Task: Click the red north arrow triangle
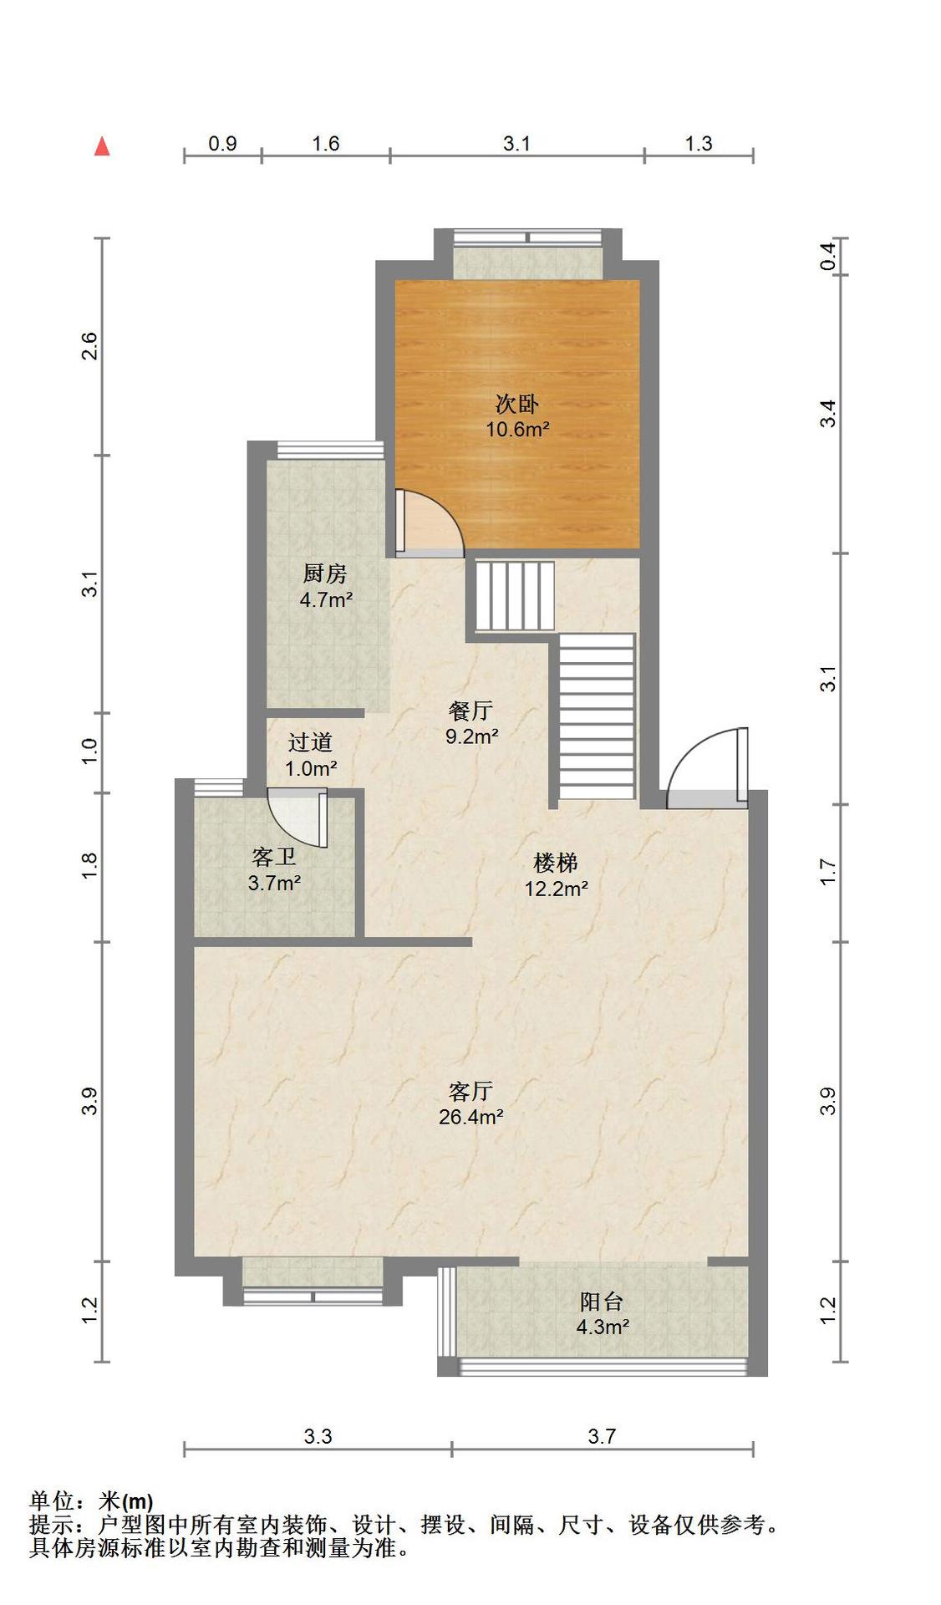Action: (102, 146)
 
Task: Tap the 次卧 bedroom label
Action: (517, 405)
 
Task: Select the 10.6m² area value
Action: (517, 430)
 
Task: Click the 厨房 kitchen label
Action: (325, 573)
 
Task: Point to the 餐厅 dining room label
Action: (470, 711)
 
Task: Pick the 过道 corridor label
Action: (310, 742)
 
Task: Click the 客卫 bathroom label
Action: (274, 857)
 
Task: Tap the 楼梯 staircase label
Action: (556, 863)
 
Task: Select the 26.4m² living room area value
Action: (470, 1117)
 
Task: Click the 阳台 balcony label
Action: (602, 1302)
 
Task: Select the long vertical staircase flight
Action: (597, 716)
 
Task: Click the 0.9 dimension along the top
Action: (222, 143)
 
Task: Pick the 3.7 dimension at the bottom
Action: (602, 1436)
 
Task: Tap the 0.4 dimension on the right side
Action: (827, 256)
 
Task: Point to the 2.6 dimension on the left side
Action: (89, 346)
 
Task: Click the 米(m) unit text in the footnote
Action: (126, 1501)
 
